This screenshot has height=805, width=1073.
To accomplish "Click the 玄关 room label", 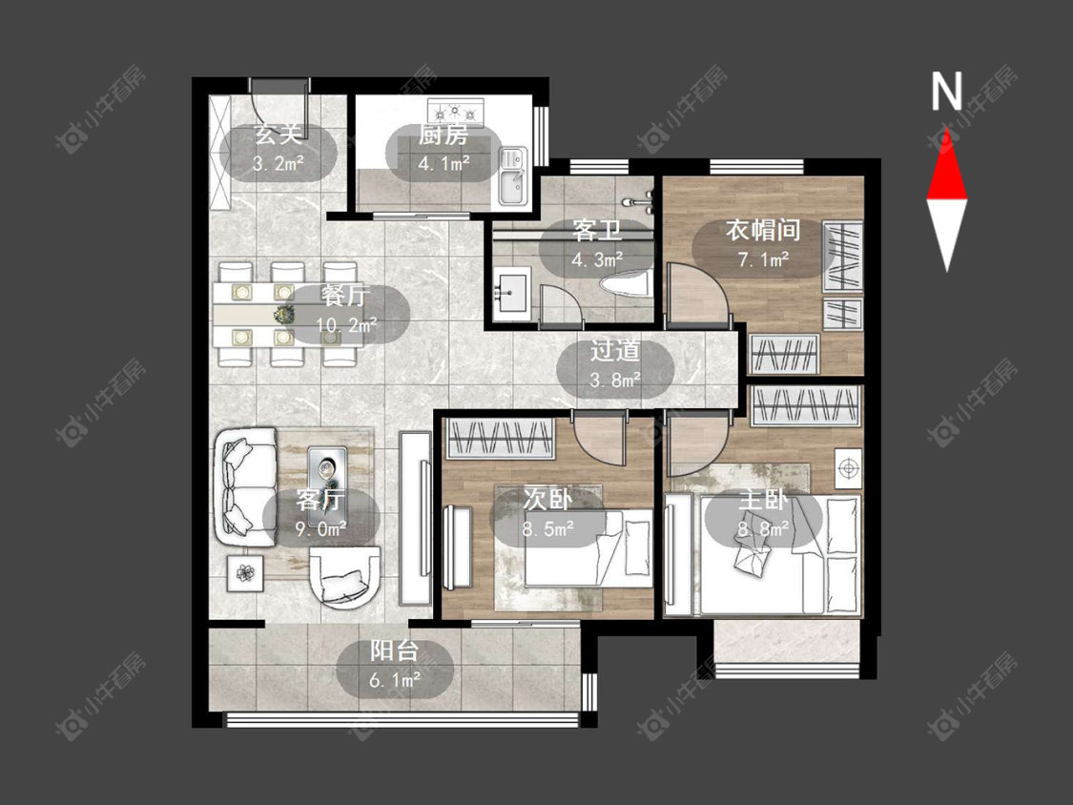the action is [279, 134].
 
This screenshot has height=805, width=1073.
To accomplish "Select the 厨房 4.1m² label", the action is [444, 148].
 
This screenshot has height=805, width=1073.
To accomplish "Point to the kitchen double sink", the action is [512, 175].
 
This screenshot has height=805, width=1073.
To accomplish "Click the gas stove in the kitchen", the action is [456, 111].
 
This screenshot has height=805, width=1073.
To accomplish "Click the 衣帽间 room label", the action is [763, 230].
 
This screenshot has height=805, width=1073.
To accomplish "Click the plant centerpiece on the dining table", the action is [283, 314].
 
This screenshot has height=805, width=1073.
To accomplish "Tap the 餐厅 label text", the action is [345, 297].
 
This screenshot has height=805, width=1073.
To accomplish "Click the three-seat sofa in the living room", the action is [246, 486].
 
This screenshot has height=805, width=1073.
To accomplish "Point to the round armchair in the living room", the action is [345, 576].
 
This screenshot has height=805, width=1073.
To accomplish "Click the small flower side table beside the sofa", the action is [244, 571].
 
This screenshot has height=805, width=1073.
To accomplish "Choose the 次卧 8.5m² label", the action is [548, 513].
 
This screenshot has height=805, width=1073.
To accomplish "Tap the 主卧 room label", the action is [763, 501].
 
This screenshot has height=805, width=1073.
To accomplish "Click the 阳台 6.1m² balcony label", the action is [395, 665].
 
